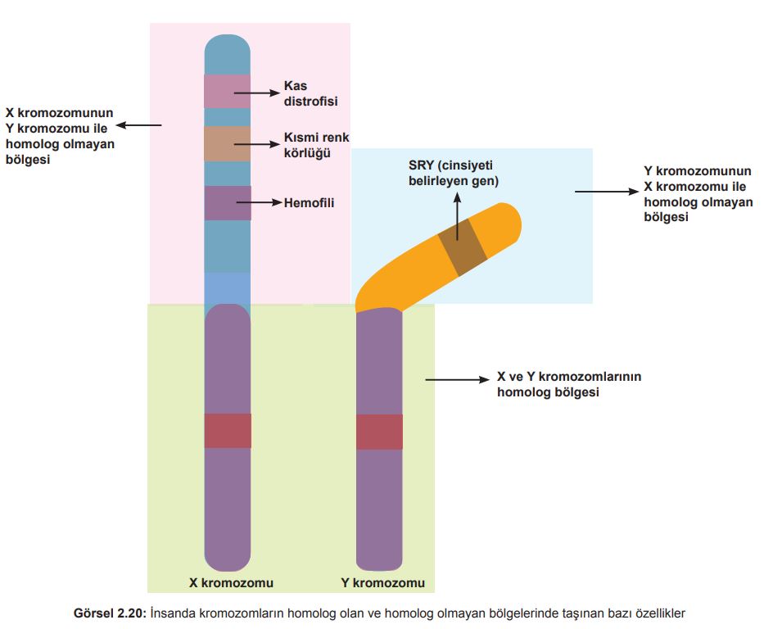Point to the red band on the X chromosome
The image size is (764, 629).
coord(227,431)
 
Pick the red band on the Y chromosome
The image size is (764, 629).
coord(379,432)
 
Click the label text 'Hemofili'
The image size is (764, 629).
coord(309,201)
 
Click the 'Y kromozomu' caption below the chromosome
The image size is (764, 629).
coord(382,583)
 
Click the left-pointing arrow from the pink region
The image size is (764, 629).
coord(138,125)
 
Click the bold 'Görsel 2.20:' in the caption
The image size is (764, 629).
coord(110,613)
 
